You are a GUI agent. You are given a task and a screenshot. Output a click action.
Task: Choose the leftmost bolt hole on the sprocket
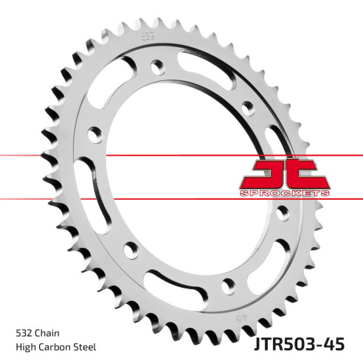(94, 135)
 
